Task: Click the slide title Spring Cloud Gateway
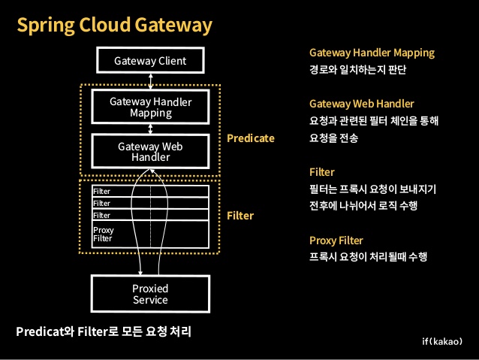(115, 26)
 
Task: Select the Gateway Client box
(150, 61)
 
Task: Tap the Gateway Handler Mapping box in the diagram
(150, 107)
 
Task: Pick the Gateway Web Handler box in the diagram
(150, 151)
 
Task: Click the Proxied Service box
(150, 294)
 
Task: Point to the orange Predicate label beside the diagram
(251, 138)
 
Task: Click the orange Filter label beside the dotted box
(240, 215)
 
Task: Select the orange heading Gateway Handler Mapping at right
(372, 53)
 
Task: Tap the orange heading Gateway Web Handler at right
(361, 104)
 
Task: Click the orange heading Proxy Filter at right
(336, 241)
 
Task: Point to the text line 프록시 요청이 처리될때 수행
(368, 257)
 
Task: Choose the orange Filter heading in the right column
(322, 172)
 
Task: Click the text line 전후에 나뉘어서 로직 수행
(363, 205)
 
